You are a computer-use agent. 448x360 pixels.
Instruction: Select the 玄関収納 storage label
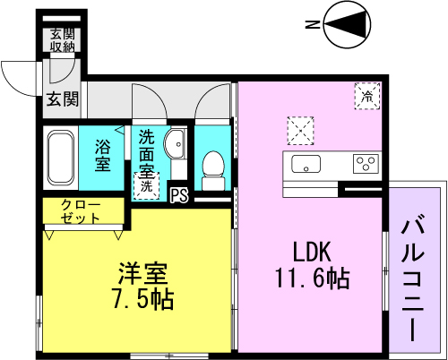click(x=62, y=41)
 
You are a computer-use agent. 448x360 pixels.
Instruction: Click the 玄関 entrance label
click(x=63, y=99)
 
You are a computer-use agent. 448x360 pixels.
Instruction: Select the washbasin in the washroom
click(x=177, y=141)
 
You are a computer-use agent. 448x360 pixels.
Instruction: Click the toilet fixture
click(x=212, y=167)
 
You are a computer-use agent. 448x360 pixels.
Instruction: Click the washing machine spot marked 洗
click(x=145, y=186)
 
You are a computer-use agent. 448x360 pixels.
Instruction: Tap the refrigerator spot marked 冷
click(x=366, y=94)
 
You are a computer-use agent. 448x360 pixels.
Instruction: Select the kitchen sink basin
click(x=306, y=164)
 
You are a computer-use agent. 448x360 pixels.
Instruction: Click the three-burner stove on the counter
click(x=366, y=164)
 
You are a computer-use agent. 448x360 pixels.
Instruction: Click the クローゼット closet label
click(x=82, y=211)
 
